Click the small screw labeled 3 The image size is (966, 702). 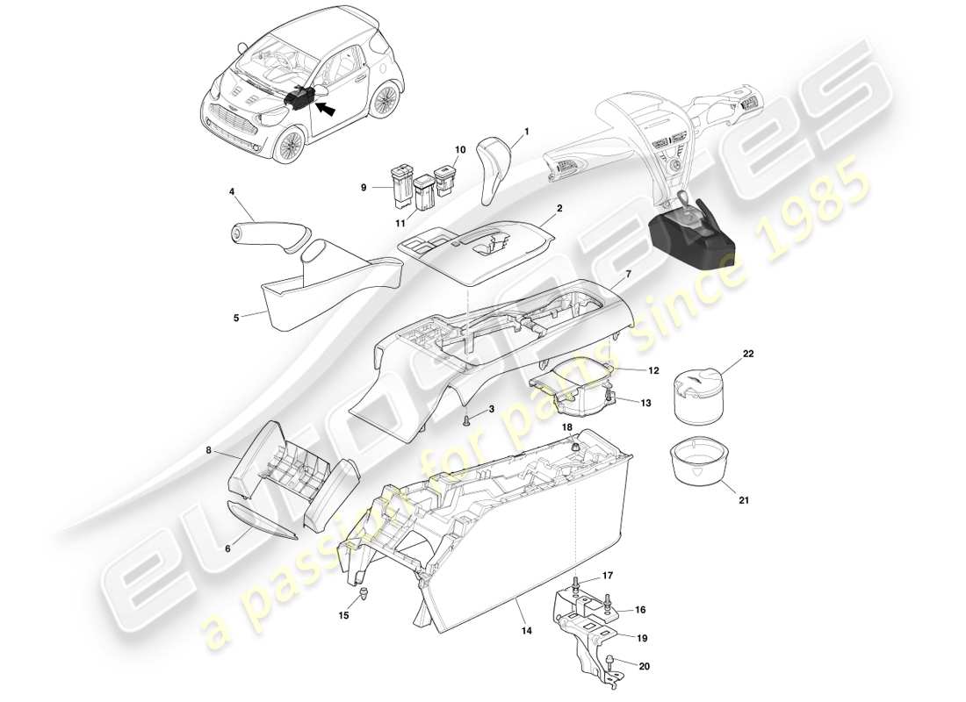(468, 419)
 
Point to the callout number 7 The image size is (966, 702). (628, 276)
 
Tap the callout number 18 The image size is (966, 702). (566, 426)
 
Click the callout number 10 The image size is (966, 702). (459, 150)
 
